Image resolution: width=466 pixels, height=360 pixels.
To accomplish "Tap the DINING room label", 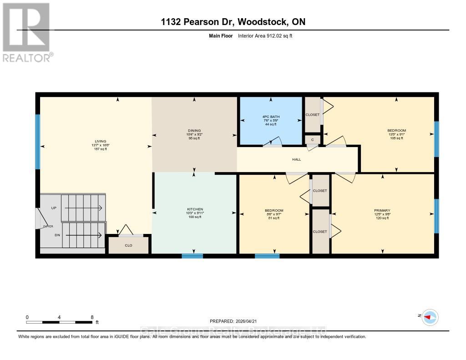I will coord(194,131).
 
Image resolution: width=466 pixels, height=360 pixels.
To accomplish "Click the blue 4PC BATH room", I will coord(272,120).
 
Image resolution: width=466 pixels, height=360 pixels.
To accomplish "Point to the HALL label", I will coord(296,159).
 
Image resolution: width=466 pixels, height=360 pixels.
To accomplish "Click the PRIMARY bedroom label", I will coord(382,210).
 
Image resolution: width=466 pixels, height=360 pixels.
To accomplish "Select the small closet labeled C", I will coord(313,140).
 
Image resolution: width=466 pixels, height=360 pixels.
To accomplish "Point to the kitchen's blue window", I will coord(192,256).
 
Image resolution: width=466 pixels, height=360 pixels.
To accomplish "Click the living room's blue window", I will coord(38,141).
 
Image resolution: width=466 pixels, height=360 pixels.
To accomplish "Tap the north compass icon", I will coord(430,317).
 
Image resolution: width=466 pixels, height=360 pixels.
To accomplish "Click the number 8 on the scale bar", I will coord(92,317).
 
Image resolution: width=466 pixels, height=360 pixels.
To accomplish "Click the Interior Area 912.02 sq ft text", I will coord(265,35).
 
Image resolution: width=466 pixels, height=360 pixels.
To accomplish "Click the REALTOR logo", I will coord(27,32).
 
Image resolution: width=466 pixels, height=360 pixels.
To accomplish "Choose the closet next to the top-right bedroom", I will coord(312,115).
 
